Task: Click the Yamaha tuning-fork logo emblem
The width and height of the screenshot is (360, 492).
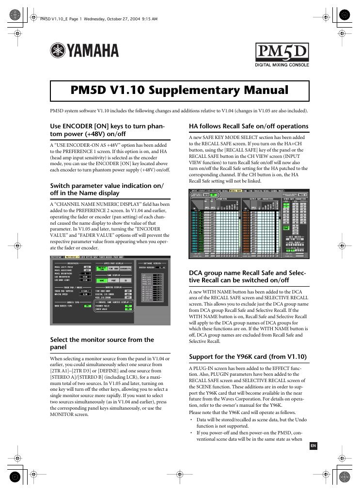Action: pyautogui.click(x=57, y=51)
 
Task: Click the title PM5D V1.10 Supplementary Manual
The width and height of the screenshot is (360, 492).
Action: pyautogui.click(x=179, y=91)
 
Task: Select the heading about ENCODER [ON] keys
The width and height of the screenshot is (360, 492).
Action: pyautogui.click(x=107, y=130)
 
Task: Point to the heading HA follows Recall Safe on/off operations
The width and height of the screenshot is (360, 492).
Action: pyautogui.click(x=248, y=126)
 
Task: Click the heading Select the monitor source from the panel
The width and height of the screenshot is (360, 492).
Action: pyautogui.click(x=102, y=343)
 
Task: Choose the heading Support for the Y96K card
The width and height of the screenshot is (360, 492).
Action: pyautogui.click(x=247, y=357)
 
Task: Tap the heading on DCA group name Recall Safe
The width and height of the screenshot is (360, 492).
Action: pyautogui.click(x=247, y=277)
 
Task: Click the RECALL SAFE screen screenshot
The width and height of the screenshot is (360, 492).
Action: pyautogui.click(x=249, y=222)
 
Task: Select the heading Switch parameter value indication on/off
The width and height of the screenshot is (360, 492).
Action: pyautogui.click(x=107, y=189)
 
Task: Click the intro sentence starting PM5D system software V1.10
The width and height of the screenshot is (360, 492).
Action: pyautogui.click(x=179, y=111)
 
